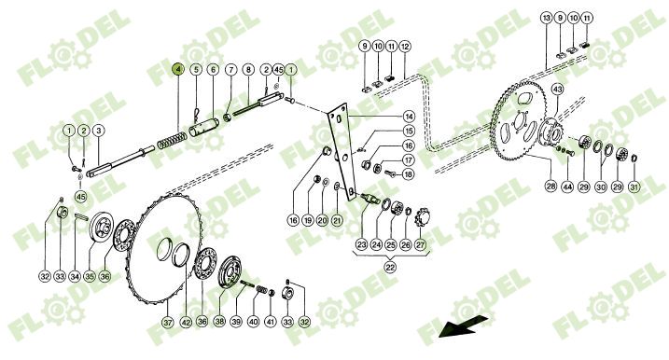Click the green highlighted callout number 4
tap(178, 70)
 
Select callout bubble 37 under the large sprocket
tap(168, 323)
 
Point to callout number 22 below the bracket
tap(389, 265)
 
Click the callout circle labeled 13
tap(546, 19)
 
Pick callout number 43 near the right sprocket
tap(558, 89)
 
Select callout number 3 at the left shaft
tap(99, 131)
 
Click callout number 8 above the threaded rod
tap(248, 70)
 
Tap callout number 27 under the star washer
tap(420, 246)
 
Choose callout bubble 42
tap(186, 323)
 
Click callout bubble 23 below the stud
tap(362, 246)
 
